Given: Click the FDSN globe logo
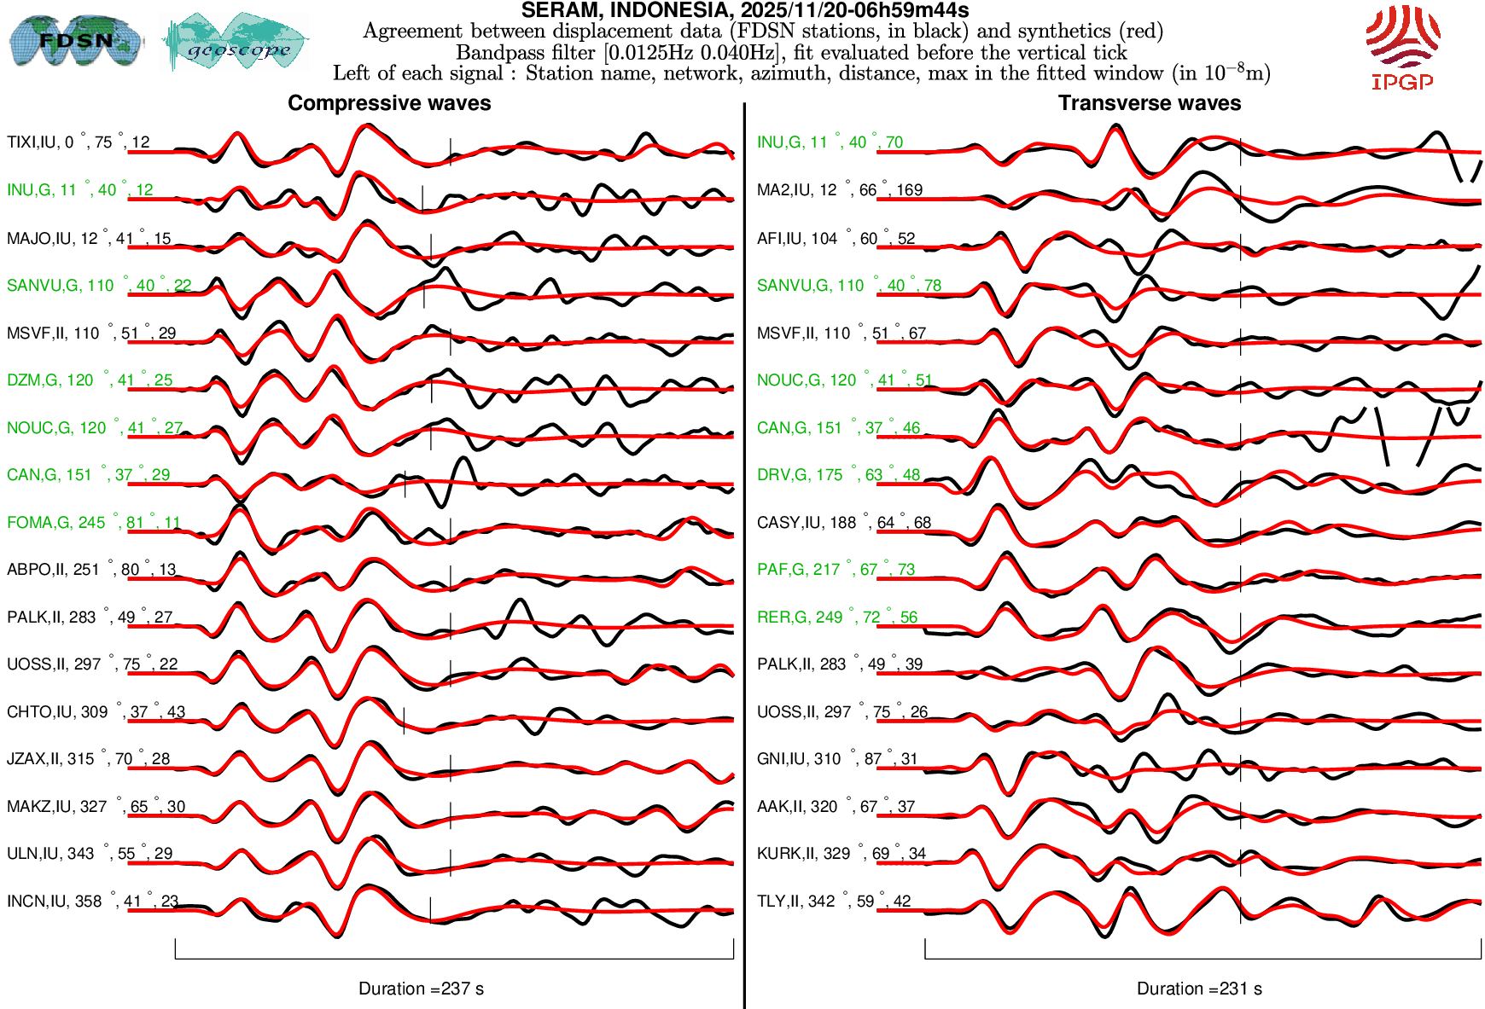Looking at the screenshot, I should (75, 40).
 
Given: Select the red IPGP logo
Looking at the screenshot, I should (1402, 47).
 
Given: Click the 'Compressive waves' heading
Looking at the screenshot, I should (389, 103).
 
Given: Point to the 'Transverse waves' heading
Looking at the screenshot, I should (1149, 103).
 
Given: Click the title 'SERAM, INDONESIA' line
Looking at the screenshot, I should (744, 10).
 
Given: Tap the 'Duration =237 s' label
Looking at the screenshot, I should (421, 989).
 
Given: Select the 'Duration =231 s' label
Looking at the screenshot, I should (1199, 989).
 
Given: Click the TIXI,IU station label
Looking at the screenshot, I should (78, 142).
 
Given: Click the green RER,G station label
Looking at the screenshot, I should (836, 618).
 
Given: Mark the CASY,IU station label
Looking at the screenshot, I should (843, 523).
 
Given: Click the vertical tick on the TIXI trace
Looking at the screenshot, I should (451, 151).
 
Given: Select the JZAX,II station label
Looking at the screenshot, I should (88, 759).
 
